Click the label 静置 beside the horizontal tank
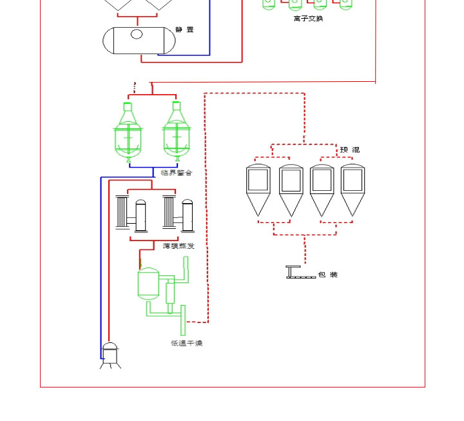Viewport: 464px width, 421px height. click(x=184, y=30)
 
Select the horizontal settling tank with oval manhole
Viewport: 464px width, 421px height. click(x=139, y=41)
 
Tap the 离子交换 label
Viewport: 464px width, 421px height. click(x=308, y=19)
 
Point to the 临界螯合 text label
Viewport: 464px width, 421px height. click(x=177, y=173)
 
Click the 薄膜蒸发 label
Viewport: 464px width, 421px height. click(x=179, y=246)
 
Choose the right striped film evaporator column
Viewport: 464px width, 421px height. click(x=169, y=213)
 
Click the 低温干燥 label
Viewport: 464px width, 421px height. click(x=186, y=344)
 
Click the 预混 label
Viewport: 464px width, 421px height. click(x=350, y=150)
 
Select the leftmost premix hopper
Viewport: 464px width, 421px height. click(x=258, y=190)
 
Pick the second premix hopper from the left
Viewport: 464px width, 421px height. click(x=291, y=190)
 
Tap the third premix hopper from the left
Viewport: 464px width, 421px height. click(x=322, y=190)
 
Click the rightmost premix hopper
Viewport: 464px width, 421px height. click(x=353, y=190)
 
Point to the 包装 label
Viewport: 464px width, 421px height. click(x=328, y=275)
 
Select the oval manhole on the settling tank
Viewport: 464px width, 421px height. click(x=137, y=34)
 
